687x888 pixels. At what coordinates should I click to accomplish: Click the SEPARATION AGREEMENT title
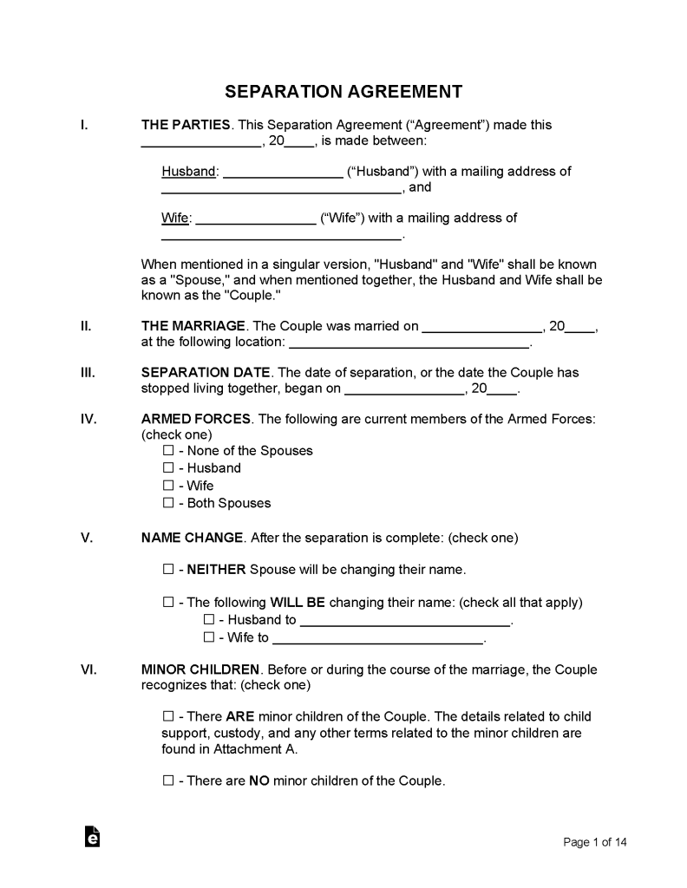point(343,92)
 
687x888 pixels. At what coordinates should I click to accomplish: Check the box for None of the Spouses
point(168,451)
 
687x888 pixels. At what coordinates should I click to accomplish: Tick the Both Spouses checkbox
point(168,503)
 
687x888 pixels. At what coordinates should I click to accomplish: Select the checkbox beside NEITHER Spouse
point(168,570)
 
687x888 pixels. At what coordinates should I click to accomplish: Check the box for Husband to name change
point(208,620)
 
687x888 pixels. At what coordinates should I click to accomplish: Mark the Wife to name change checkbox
point(208,638)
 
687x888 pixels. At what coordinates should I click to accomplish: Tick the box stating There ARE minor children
point(168,717)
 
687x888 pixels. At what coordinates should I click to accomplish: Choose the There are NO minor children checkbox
point(168,780)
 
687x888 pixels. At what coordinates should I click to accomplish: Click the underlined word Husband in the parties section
point(188,172)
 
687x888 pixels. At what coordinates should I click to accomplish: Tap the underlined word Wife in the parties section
point(174,218)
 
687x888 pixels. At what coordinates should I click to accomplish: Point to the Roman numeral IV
point(88,419)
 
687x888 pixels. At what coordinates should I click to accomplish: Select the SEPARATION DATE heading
point(206,373)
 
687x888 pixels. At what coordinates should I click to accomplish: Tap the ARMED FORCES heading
point(196,419)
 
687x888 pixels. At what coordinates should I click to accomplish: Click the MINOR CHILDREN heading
point(200,669)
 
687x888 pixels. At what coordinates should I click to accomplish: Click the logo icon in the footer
point(92,836)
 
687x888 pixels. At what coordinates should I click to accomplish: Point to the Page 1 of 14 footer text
point(595,842)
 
